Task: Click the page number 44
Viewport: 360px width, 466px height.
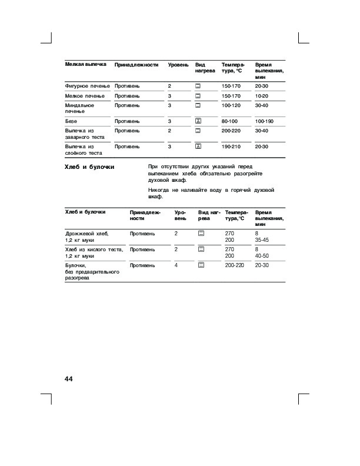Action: pyautogui.click(x=68, y=378)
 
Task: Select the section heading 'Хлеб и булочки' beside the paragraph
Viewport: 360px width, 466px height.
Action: pyautogui.click(x=89, y=167)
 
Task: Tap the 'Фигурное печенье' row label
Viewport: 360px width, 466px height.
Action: pyautogui.click(x=87, y=86)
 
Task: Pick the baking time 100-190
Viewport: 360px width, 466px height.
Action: pyautogui.click(x=265, y=121)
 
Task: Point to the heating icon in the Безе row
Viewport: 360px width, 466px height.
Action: pyautogui.click(x=198, y=121)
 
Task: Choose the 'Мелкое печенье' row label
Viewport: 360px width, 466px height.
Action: pyautogui.click(x=85, y=95)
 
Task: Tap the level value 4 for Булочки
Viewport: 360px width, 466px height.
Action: pyautogui.click(x=176, y=266)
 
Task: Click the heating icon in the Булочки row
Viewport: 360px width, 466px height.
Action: pyautogui.click(x=201, y=266)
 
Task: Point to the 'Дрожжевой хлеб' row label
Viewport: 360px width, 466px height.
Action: pyautogui.click(x=87, y=234)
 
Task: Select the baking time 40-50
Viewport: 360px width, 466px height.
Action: pyautogui.click(x=262, y=256)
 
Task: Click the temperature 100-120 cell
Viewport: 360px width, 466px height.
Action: pyautogui.click(x=231, y=105)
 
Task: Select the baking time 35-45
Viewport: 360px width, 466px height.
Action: pyautogui.click(x=262, y=241)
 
